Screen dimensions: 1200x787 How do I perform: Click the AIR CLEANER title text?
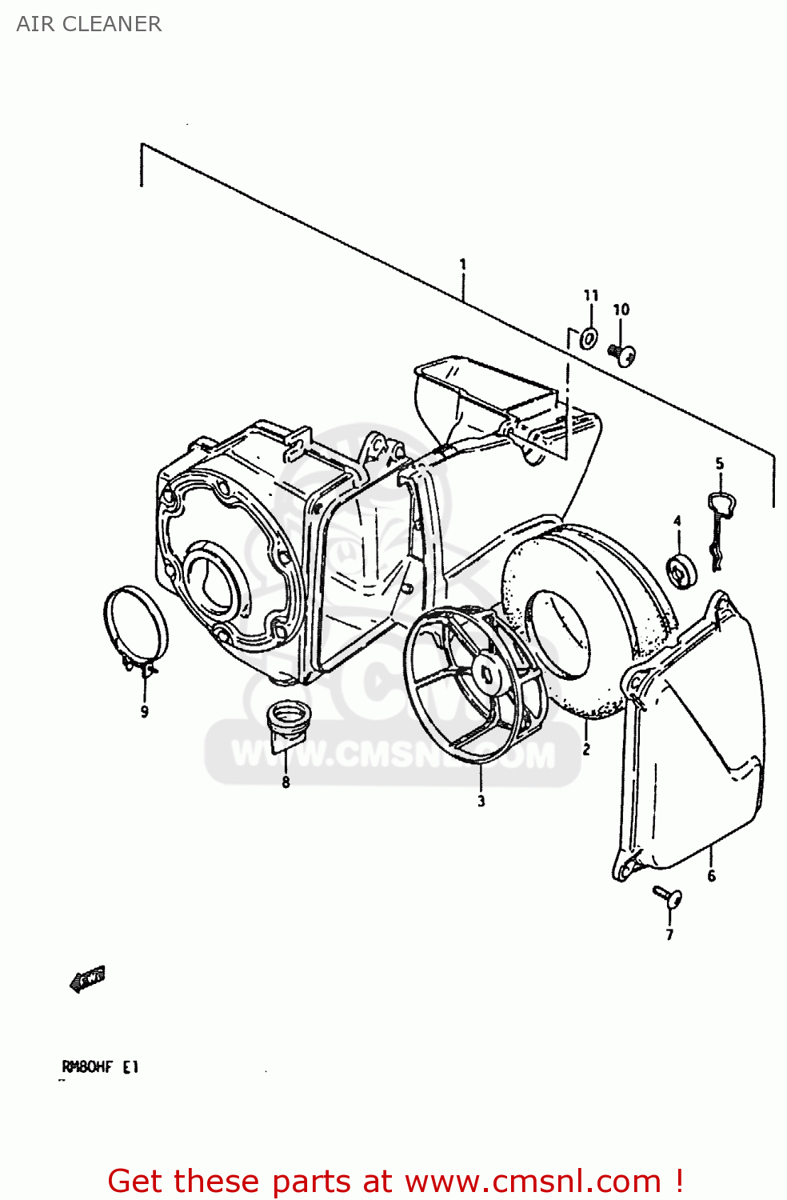89,24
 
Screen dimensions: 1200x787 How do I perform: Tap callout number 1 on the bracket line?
462,264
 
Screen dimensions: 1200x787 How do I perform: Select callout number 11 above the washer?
590,295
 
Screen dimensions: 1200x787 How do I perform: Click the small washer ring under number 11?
589,338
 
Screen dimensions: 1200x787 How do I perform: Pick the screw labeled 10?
623,353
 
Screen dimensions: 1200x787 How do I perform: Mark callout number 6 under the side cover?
711,876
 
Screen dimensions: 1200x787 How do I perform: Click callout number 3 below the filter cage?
481,801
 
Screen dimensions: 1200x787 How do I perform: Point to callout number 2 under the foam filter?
586,750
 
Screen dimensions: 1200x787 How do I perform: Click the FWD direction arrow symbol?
87,978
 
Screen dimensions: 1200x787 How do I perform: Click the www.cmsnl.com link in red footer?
533,1181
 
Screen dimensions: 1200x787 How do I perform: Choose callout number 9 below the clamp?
144,711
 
